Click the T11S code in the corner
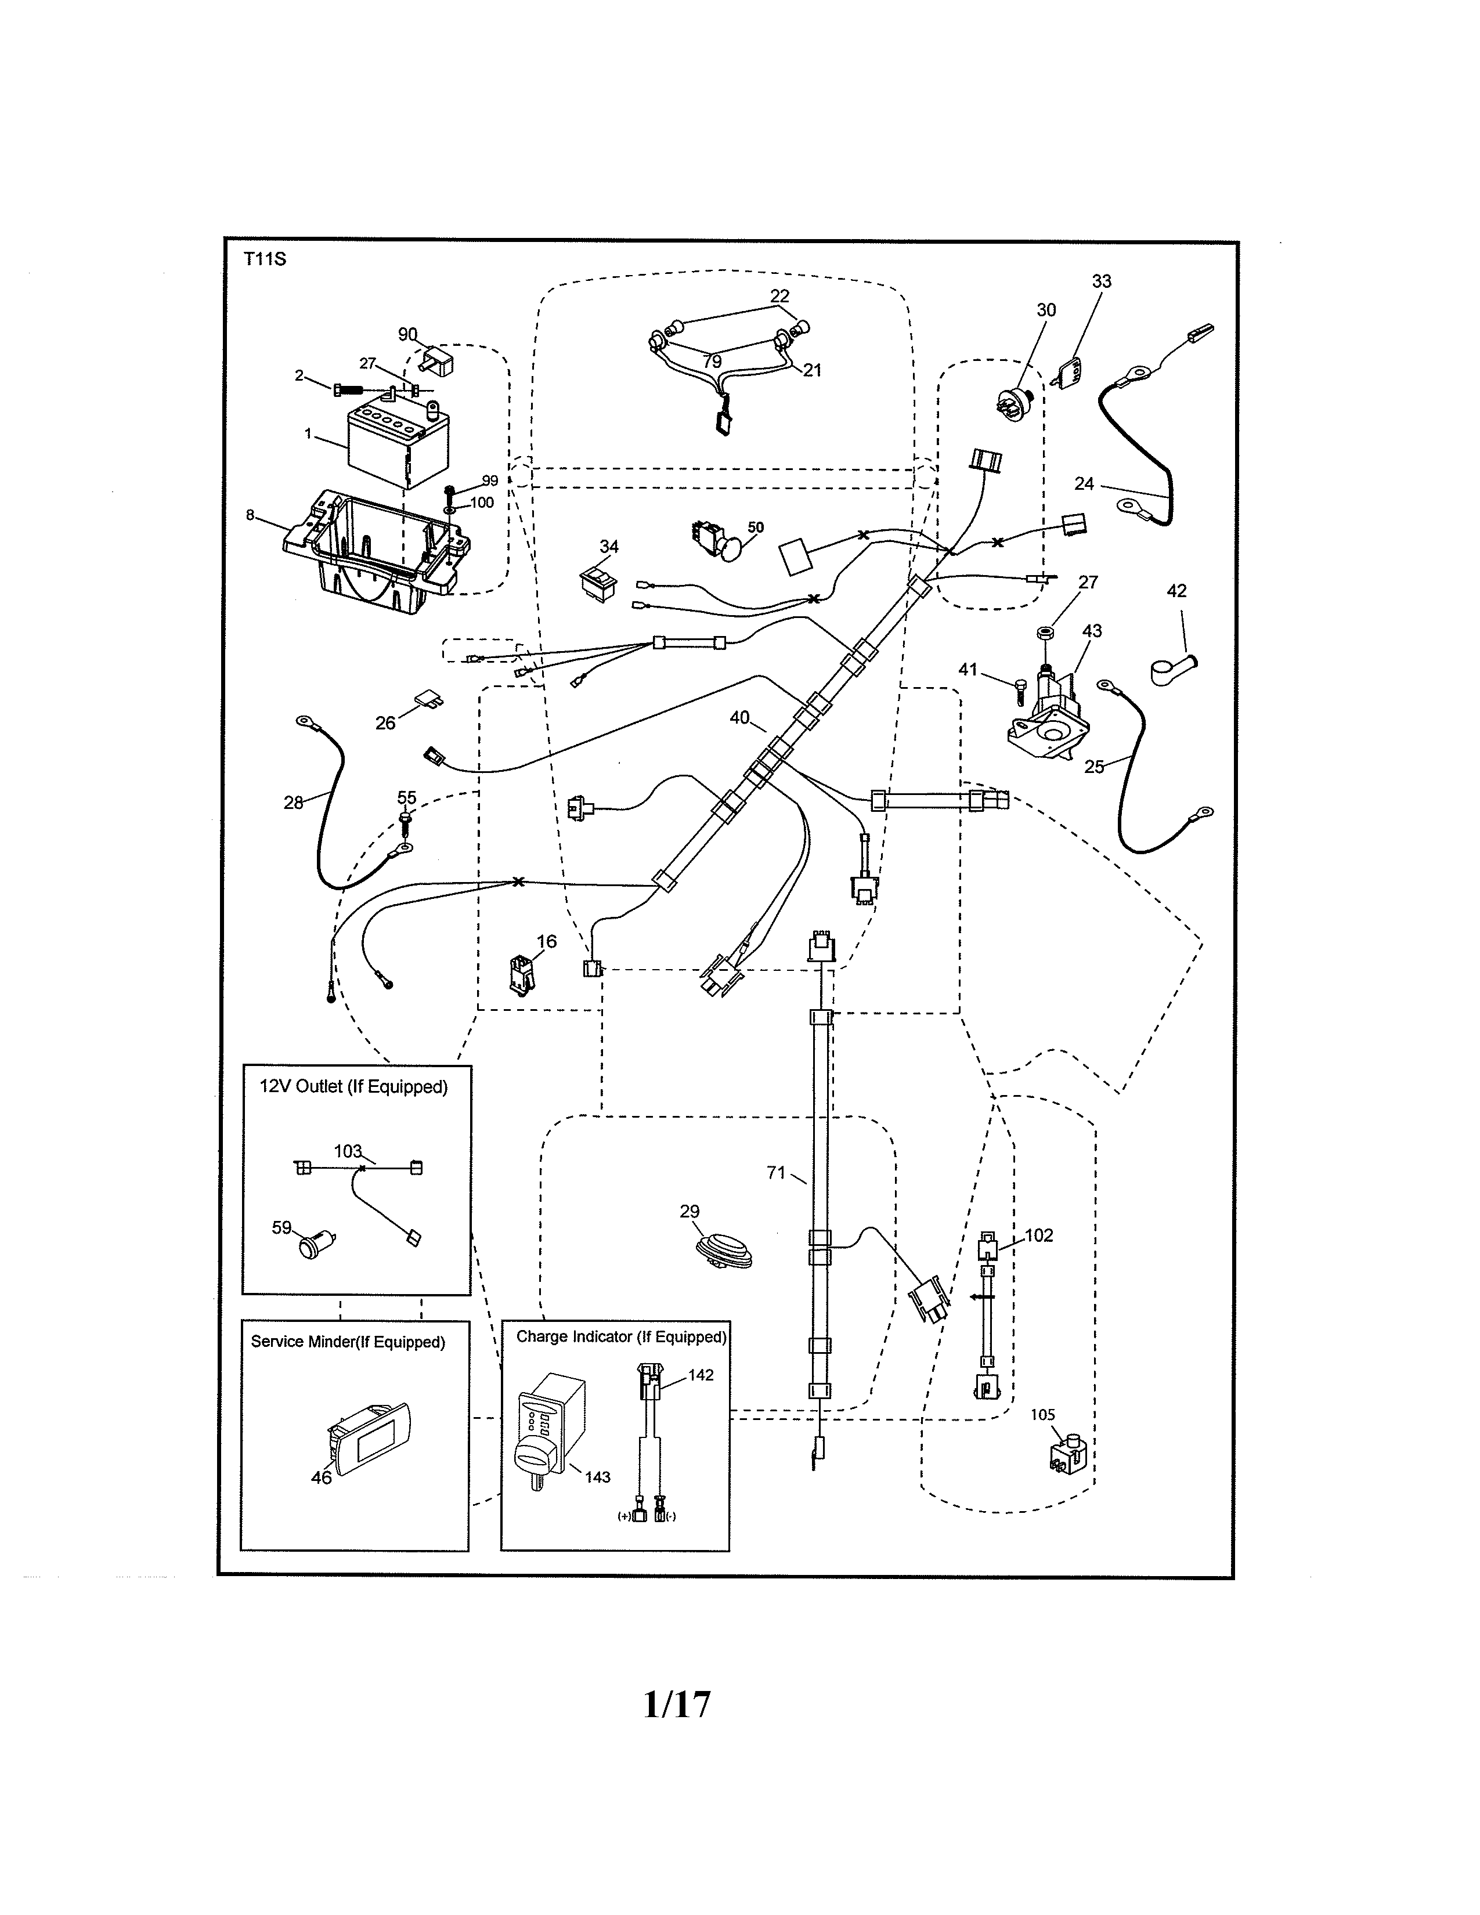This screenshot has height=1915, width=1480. [x=265, y=259]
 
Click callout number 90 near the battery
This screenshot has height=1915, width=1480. [x=407, y=334]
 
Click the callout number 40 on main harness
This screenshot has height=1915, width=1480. [x=739, y=717]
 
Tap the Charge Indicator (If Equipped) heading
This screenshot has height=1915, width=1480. [x=621, y=1336]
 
